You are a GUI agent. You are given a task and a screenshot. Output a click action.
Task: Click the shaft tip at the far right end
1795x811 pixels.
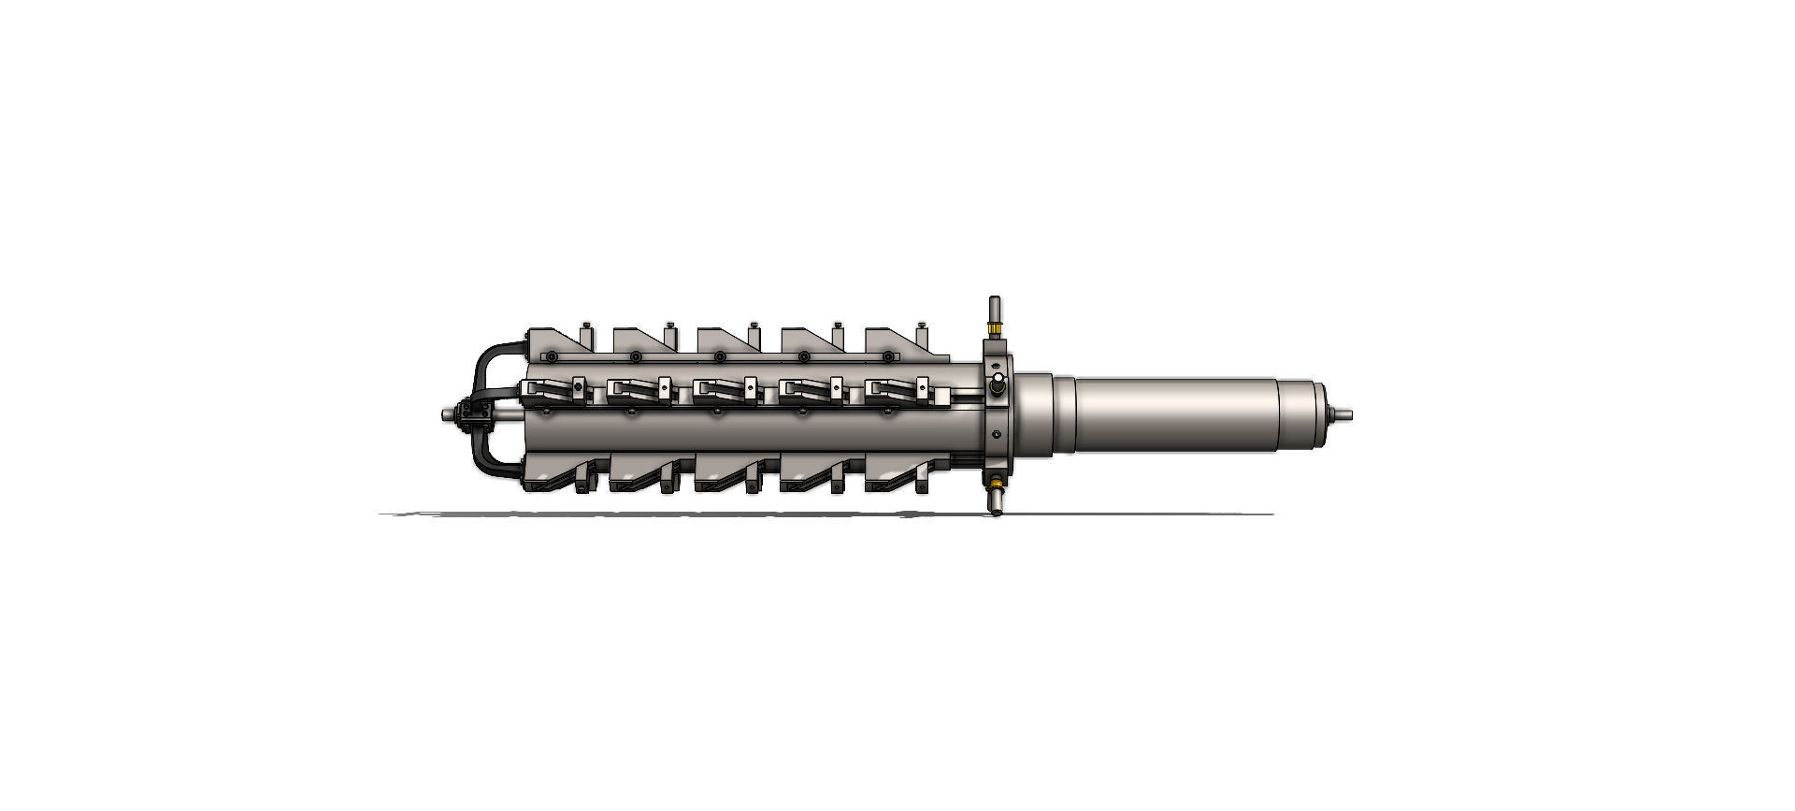(1344, 413)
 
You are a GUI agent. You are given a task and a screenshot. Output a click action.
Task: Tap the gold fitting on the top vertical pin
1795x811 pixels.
(995, 329)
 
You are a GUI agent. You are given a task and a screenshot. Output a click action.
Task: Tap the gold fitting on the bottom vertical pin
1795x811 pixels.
(995, 484)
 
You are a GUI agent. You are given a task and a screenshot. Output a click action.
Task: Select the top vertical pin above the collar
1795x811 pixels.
(995, 309)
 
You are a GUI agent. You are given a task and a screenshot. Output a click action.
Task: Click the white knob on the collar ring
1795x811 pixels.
(998, 381)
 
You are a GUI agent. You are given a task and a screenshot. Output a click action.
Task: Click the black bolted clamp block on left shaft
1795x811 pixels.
(465, 413)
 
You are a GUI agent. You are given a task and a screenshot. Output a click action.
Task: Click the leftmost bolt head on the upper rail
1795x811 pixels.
(552, 356)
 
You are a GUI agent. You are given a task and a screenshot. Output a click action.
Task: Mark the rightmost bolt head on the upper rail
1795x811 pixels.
(887, 356)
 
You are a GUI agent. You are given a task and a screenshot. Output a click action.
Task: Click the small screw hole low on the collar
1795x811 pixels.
(998, 433)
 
